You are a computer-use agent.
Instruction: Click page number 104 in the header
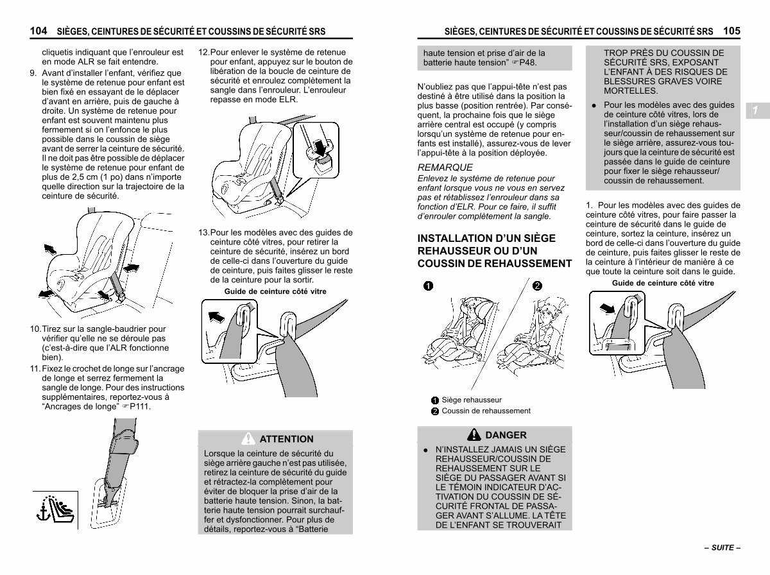point(38,31)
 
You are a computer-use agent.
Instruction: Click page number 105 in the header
point(732,31)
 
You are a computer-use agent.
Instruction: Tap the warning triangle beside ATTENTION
point(248,438)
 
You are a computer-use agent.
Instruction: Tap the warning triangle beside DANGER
point(474,434)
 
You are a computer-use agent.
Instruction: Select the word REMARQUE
point(445,167)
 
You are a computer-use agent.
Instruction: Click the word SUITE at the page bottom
point(723,547)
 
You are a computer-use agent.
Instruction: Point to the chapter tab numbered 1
point(757,110)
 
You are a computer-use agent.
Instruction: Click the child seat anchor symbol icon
point(55,510)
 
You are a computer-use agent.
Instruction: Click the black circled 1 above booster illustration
point(428,286)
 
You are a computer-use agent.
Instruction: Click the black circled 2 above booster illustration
point(537,286)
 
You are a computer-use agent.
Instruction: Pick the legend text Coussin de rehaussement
point(486,411)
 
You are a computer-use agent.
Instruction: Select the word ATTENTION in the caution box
point(286,439)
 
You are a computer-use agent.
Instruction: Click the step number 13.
point(204,232)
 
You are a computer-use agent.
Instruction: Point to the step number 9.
point(33,73)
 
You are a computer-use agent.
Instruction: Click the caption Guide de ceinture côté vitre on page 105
point(663,283)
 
